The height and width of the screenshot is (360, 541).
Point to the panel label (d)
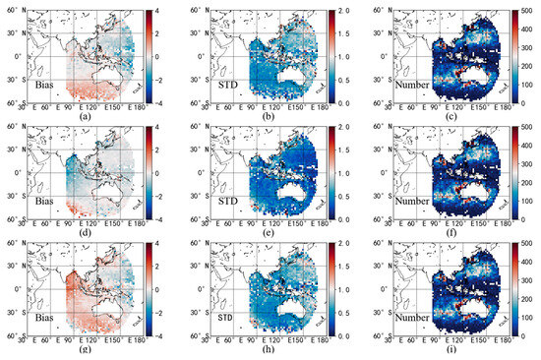point(89,231)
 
